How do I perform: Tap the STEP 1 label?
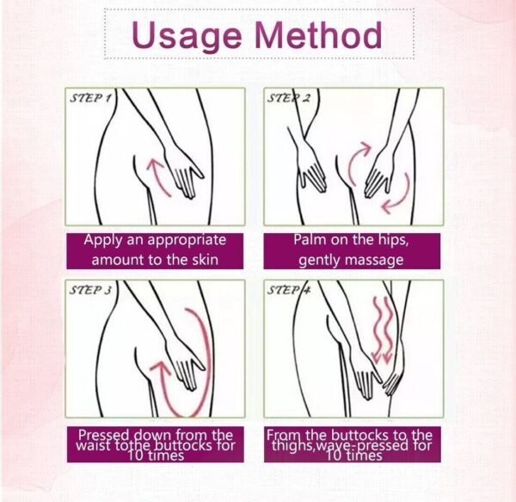coord(91,99)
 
